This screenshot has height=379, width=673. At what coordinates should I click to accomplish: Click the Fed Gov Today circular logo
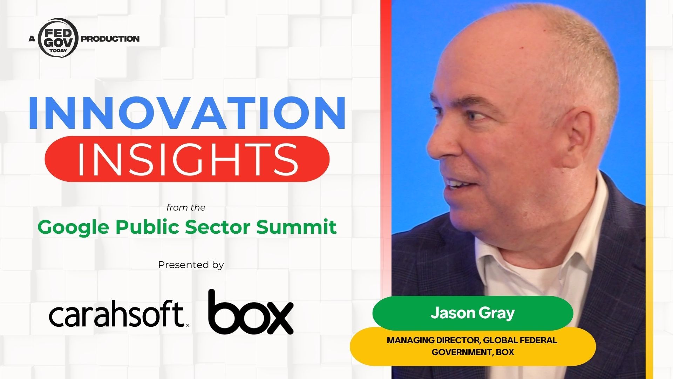58,38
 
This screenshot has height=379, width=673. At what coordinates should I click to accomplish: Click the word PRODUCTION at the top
110,39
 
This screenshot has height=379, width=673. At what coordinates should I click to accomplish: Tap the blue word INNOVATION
187,112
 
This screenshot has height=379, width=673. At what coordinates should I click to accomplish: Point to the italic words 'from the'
186,208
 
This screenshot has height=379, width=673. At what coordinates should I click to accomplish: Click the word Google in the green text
74,227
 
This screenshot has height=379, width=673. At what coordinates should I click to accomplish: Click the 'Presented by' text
191,265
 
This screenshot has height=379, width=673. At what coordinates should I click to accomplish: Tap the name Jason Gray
473,313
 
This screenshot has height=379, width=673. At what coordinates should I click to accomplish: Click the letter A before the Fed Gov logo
32,39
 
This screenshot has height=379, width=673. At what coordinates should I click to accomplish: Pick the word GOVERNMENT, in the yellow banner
462,352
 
